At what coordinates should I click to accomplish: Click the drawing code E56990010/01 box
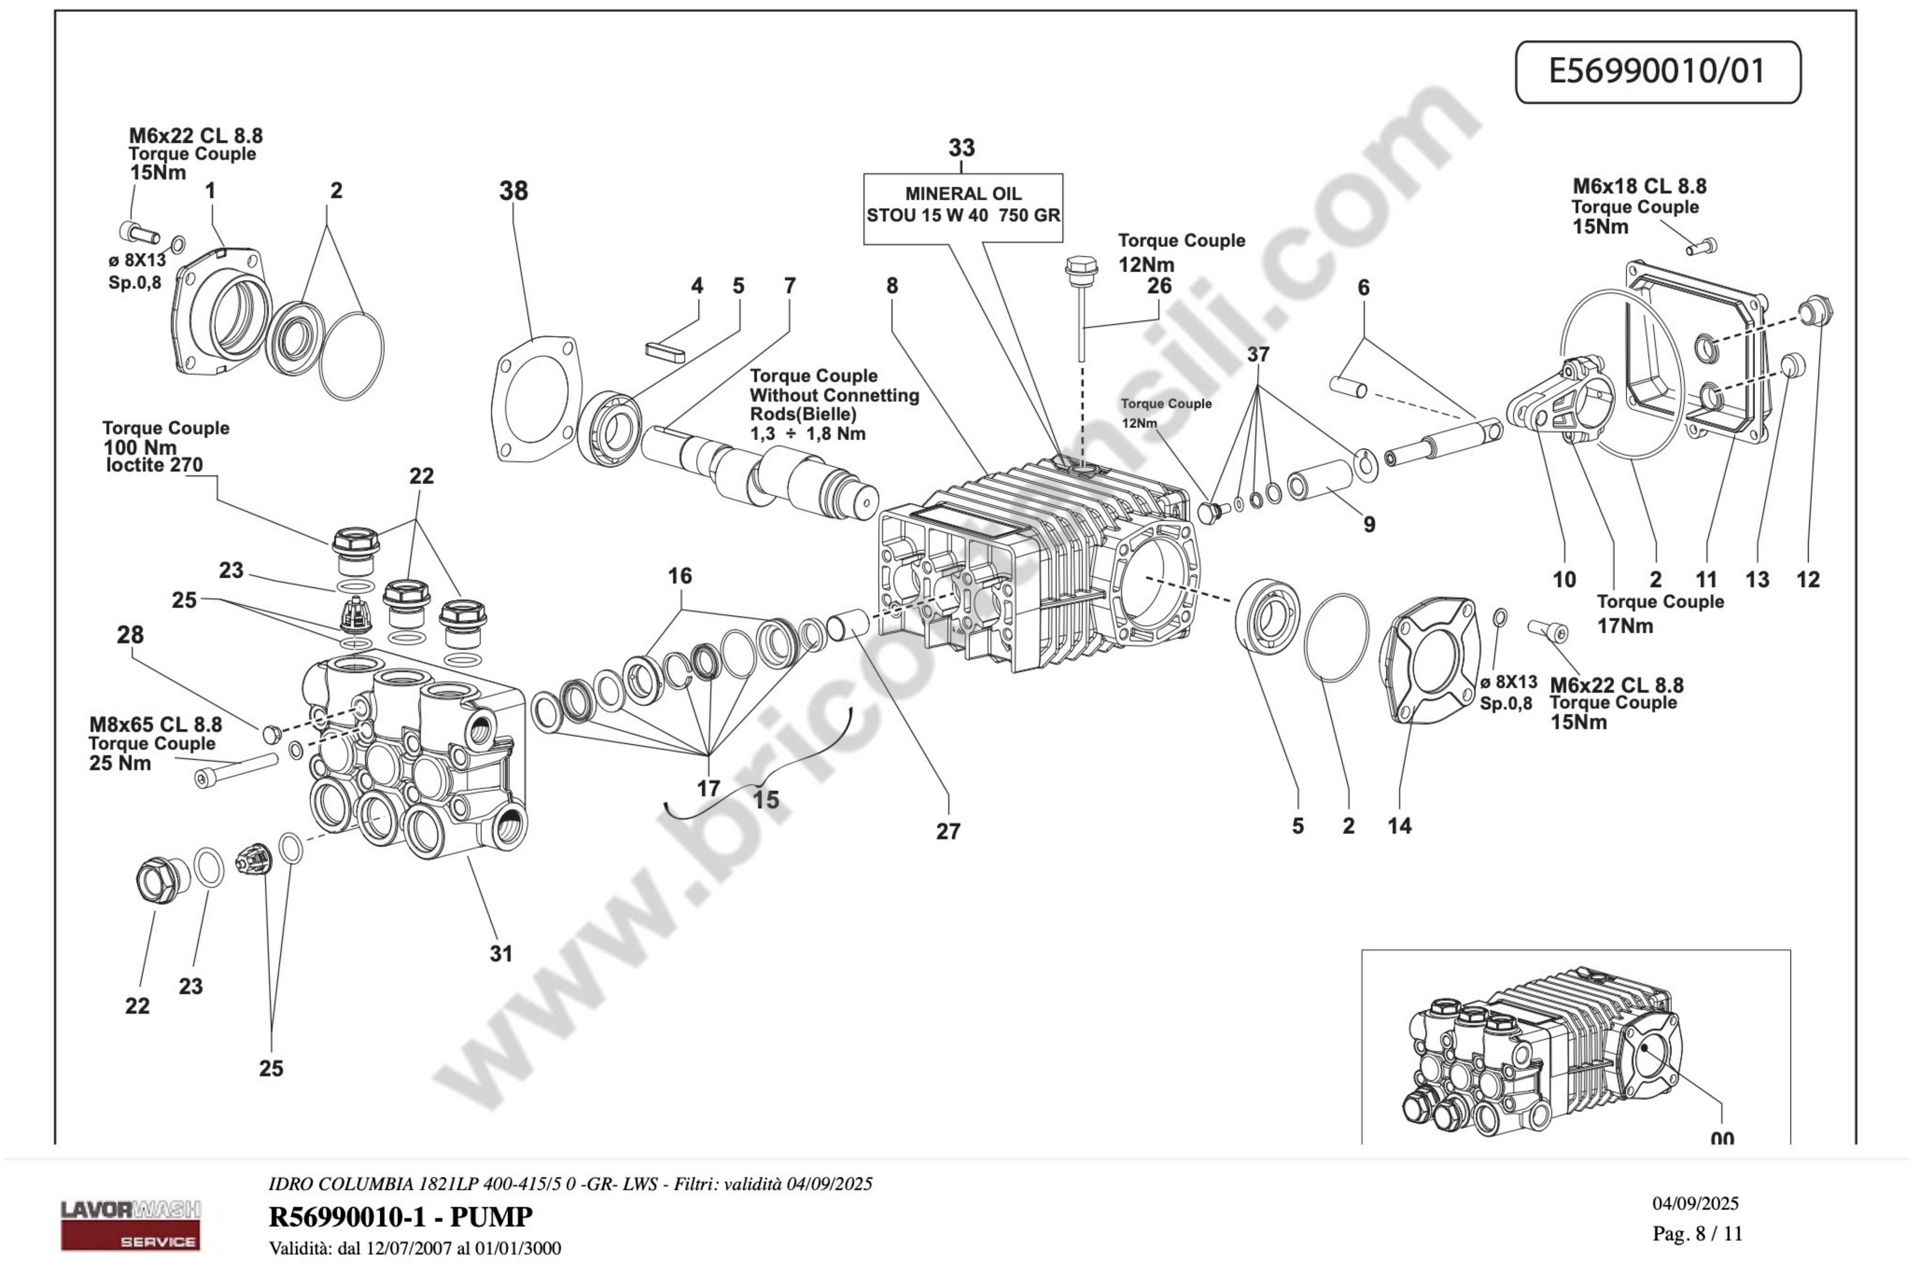(1657, 71)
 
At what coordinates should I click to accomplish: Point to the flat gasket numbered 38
(536, 399)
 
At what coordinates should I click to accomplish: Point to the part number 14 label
(1399, 826)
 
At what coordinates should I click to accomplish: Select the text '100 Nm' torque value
(139, 447)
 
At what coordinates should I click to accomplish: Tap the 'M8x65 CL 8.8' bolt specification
(155, 724)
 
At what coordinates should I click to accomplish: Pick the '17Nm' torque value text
(1625, 626)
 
